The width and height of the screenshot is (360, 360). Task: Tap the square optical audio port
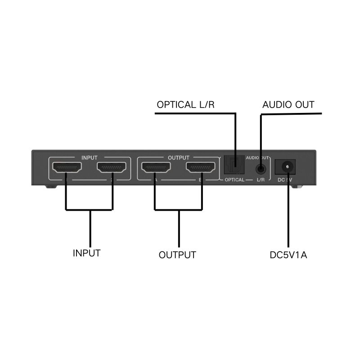point(233,166)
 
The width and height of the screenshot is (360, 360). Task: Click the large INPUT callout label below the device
point(86,253)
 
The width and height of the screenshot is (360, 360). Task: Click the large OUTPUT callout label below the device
point(177,255)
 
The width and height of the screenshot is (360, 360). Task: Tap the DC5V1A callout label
point(288,255)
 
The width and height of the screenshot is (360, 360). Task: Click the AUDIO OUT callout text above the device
point(288,105)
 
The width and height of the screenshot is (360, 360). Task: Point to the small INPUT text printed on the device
point(89,157)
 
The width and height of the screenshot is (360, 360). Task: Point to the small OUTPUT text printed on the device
point(178,157)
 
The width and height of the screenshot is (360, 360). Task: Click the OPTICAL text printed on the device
point(234,180)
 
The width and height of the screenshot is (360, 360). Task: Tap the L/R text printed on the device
point(261,180)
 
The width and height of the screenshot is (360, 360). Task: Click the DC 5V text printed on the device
point(285,180)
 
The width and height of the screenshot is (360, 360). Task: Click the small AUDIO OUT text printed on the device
point(257,157)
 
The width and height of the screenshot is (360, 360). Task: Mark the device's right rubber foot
point(295,186)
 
